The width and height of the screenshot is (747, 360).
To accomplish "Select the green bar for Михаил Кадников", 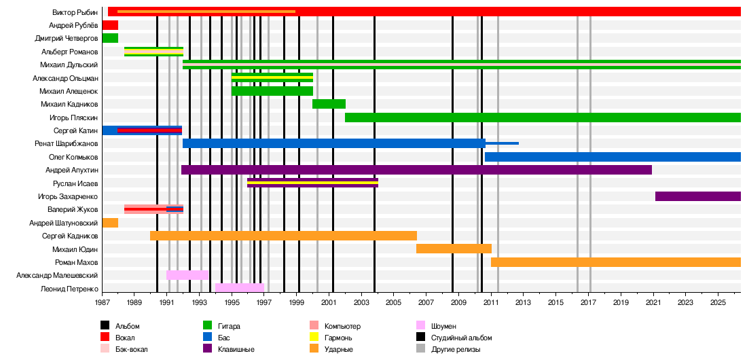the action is point(329,104).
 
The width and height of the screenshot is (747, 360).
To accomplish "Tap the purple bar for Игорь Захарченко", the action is point(698,196).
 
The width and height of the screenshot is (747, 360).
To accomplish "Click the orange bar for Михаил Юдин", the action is point(454,249).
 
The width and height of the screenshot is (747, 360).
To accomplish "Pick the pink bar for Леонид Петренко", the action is point(240,288).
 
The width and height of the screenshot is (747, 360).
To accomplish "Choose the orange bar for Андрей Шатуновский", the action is point(110,223).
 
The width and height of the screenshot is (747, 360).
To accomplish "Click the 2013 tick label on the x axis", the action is point(523,302).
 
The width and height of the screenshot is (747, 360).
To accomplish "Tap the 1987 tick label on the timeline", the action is point(103,302).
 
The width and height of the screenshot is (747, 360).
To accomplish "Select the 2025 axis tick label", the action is point(718,302).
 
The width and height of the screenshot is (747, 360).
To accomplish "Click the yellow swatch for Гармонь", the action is point(314,338).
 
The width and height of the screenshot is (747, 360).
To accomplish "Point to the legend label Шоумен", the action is point(443,326).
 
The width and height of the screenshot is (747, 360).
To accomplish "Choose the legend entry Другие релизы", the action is point(455,349).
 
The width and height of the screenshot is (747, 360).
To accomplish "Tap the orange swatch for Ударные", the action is point(314,349).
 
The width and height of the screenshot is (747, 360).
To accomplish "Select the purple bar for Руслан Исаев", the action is point(312,183).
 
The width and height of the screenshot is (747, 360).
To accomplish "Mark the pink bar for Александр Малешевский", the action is point(187,275).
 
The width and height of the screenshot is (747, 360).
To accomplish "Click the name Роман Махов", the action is point(77,262).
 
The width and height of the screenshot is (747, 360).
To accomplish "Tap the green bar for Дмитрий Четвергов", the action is point(110,38).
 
